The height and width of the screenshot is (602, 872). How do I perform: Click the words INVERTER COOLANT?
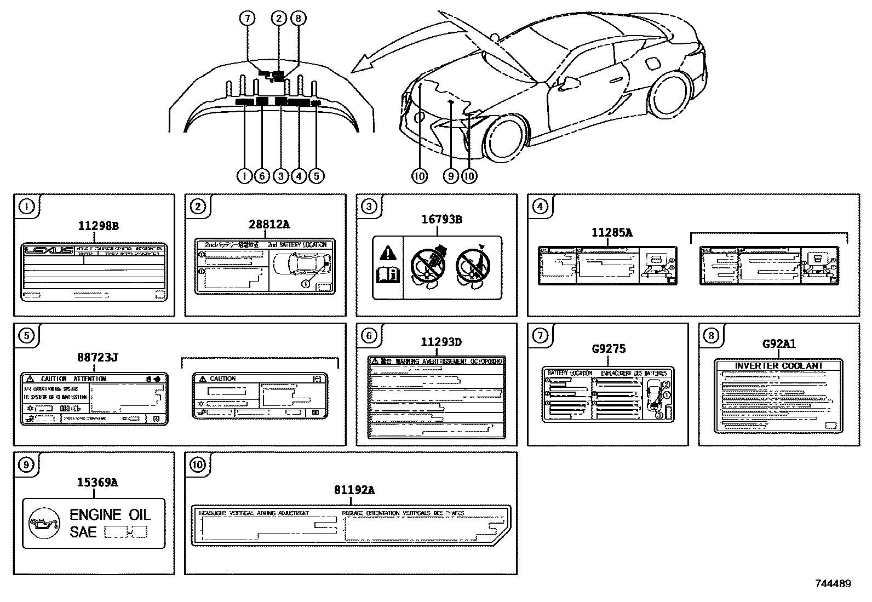(778, 365)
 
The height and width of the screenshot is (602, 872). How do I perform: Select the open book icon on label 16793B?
(387, 273)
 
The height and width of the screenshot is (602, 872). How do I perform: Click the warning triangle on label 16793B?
(387, 253)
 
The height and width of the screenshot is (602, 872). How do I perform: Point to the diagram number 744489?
(833, 584)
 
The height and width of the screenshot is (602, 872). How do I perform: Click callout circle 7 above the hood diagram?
(248, 19)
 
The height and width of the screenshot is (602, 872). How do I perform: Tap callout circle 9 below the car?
(451, 175)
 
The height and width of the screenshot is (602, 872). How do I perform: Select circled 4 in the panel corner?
(540, 207)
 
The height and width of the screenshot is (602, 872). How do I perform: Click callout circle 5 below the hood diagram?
(316, 175)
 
